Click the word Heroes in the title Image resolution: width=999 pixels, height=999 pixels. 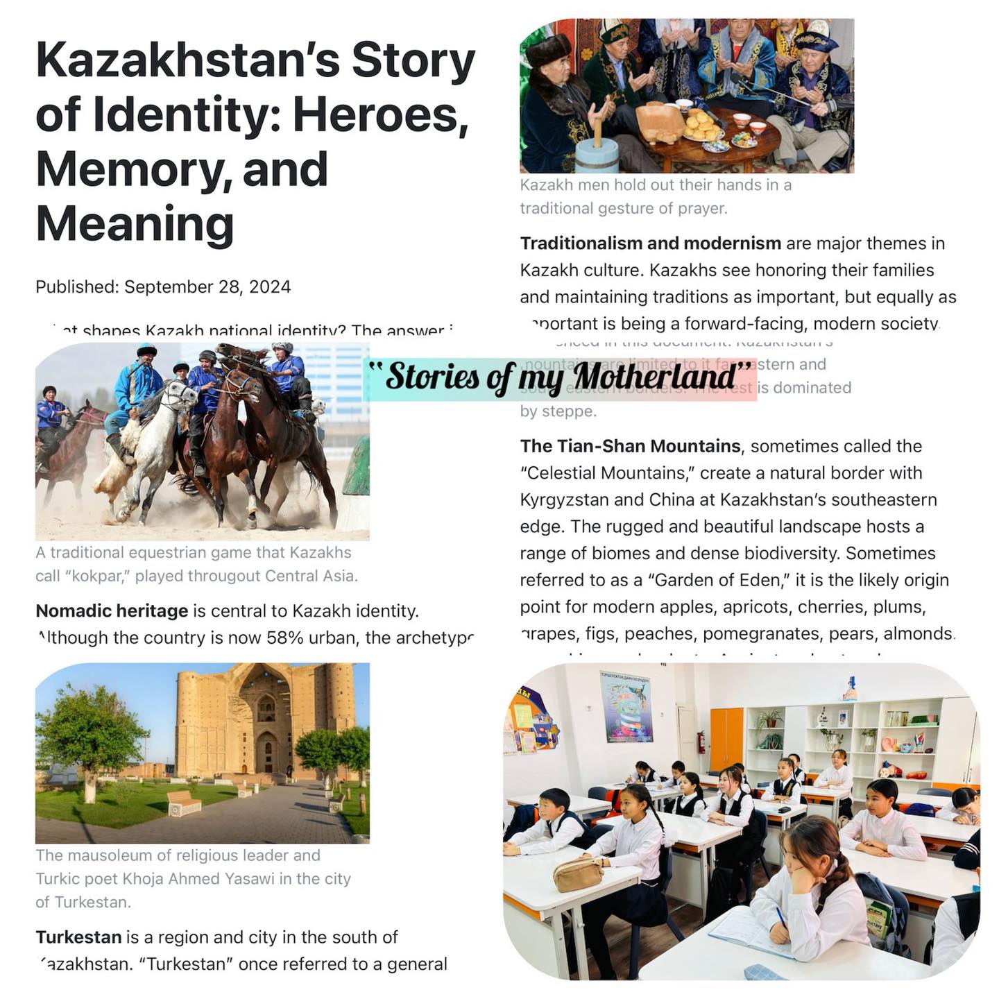[381, 114]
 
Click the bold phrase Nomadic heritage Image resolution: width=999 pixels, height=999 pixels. [112, 611]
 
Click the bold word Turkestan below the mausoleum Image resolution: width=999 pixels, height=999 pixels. [78, 937]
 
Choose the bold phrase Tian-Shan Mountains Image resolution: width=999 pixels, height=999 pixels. [631, 446]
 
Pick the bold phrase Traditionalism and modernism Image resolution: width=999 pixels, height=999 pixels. [651, 244]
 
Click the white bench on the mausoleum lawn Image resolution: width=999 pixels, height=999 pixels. [184, 804]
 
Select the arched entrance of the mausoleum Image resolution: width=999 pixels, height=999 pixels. [264, 749]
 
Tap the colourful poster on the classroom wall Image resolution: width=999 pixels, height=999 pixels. [626, 707]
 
